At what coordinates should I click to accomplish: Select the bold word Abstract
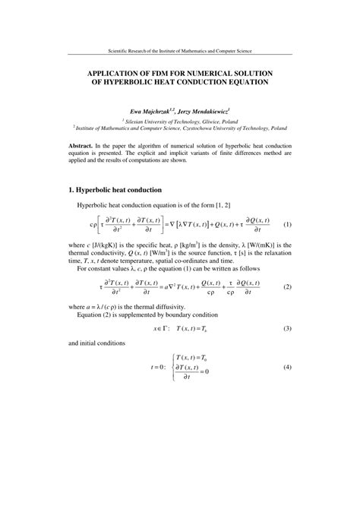81,145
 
